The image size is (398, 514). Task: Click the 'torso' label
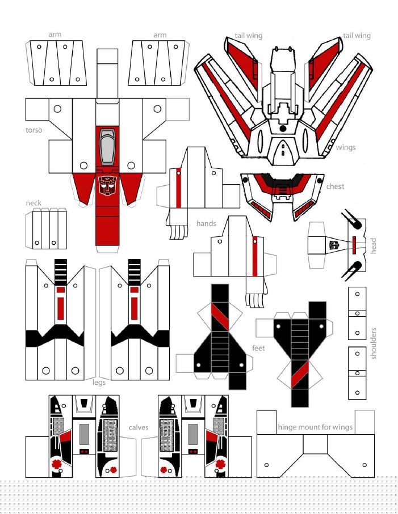[x=34, y=130]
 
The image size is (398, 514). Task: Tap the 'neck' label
[x=33, y=203]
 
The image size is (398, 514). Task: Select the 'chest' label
[x=336, y=186]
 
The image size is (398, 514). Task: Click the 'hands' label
[x=206, y=223]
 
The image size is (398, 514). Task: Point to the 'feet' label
[x=258, y=348]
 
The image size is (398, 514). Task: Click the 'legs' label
[x=99, y=382]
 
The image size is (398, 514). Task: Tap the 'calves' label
[x=138, y=427]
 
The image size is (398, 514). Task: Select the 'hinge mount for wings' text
[x=315, y=427]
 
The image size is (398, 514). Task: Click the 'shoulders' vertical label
[x=373, y=343]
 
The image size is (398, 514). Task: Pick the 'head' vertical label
[x=373, y=245]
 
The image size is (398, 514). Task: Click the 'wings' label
[x=346, y=147]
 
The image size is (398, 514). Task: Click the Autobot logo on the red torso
[x=107, y=185]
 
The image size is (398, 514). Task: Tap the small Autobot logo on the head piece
[x=334, y=245]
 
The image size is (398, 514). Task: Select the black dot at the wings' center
[x=282, y=128]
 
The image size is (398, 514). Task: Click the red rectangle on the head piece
[x=354, y=245]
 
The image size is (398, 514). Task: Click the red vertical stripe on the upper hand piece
[x=179, y=188]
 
